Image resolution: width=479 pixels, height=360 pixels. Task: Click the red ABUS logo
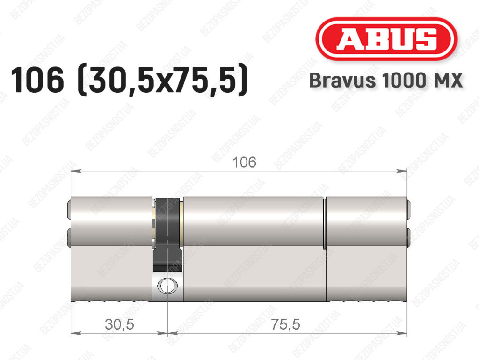click(x=386, y=39)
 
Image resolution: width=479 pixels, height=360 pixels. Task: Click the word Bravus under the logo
click(x=342, y=81)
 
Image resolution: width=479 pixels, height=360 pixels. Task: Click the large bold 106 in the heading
click(x=37, y=80)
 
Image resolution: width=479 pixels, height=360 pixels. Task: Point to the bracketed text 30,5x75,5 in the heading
click(x=162, y=80)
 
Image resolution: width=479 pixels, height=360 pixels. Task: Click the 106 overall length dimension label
click(x=244, y=162)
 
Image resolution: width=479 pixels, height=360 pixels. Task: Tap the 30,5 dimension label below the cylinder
click(x=119, y=324)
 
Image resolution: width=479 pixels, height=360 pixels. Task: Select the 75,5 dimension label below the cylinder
click(x=285, y=324)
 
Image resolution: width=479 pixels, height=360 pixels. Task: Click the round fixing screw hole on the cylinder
click(x=167, y=286)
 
